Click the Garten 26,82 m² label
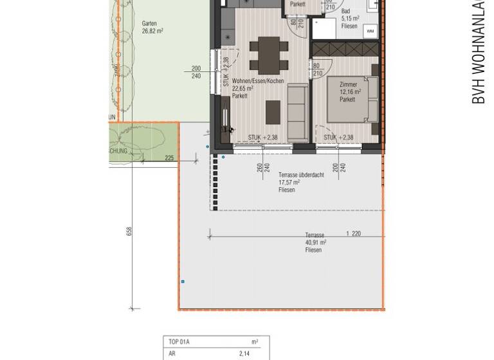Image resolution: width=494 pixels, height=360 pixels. pos(152,27)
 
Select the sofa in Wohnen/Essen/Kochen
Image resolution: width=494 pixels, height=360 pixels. pos(297,113)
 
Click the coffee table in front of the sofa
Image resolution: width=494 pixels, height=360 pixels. pos(273,112)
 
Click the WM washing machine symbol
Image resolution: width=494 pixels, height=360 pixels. pos(370,31)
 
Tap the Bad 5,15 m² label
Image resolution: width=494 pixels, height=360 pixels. pos(349,19)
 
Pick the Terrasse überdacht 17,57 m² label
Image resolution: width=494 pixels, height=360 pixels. pos(300,182)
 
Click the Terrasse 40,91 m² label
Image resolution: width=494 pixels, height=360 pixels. pos(315,242)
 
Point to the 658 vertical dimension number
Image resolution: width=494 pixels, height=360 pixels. pos(129,231)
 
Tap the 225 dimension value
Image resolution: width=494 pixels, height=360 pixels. pos(169,157)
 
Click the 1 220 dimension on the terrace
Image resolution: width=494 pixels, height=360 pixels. pos(353,233)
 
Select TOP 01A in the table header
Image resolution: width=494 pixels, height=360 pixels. pos(179,342)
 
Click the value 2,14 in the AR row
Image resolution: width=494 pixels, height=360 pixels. pos(244,354)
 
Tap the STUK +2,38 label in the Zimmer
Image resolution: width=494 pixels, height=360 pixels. pos(338,137)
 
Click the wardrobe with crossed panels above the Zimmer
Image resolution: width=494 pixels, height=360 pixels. pos(346,50)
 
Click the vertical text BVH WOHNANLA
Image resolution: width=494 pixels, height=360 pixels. pos(479,51)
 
